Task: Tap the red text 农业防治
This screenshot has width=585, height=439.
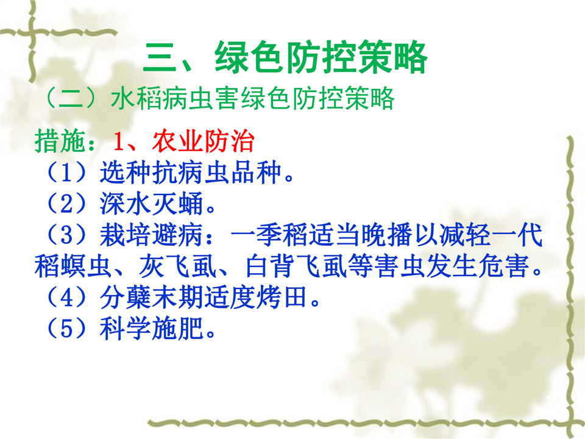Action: (204, 141)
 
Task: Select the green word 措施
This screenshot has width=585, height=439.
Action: (60, 141)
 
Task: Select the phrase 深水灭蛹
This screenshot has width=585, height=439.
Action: (152, 204)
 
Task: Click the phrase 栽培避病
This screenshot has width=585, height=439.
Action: (152, 235)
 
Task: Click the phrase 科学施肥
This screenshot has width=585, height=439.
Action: (152, 329)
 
